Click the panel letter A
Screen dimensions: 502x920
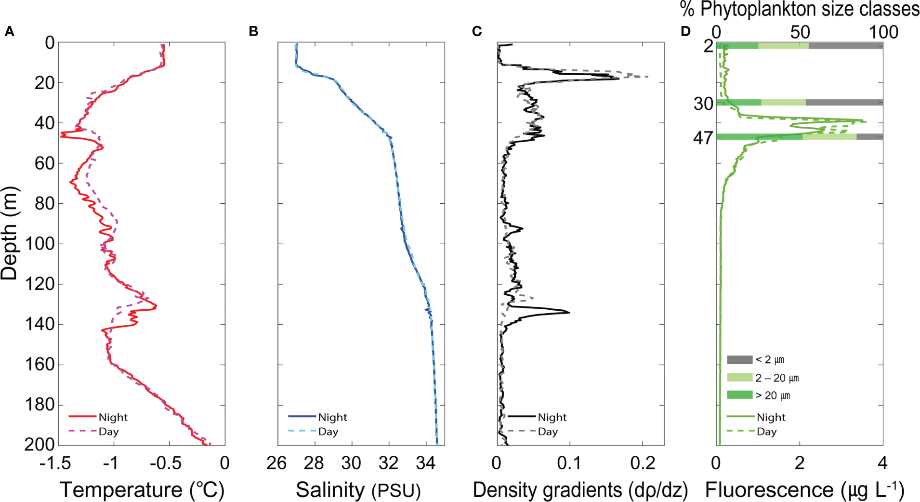point(9,32)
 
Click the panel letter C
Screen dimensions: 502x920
point(477,32)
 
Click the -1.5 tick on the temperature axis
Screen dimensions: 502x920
point(56,463)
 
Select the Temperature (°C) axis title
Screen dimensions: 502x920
point(142,490)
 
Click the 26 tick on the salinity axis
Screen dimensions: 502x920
point(276,463)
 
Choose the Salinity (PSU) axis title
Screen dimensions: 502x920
point(358,490)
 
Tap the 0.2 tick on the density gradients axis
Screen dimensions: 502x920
point(643,463)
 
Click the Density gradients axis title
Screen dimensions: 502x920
point(580,490)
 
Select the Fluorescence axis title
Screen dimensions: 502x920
point(804,490)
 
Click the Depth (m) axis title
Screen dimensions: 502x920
point(10,234)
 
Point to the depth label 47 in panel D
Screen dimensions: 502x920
point(703,138)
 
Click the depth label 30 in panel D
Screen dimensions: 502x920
point(703,103)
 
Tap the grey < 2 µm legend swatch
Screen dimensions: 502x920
point(739,359)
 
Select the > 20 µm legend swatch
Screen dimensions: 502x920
point(739,395)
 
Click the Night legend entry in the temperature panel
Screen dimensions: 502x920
point(113,417)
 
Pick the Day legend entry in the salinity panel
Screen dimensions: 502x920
point(328,432)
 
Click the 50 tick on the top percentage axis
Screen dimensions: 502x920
point(800,33)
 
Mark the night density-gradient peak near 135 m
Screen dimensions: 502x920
point(569,313)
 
